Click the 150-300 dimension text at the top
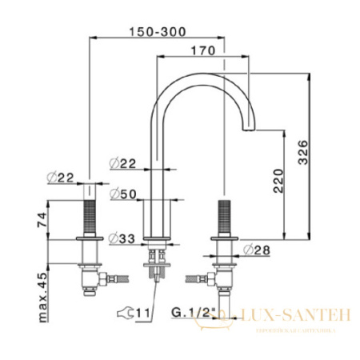pos(159,31)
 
